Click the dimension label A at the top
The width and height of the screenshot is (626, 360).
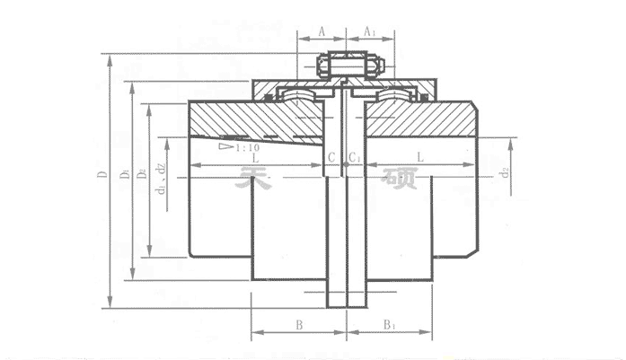(x=322, y=30)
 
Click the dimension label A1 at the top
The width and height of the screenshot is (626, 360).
(x=369, y=30)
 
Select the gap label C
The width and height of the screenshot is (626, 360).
(x=331, y=158)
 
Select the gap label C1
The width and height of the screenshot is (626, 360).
(x=356, y=158)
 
